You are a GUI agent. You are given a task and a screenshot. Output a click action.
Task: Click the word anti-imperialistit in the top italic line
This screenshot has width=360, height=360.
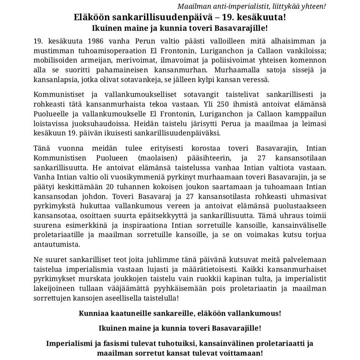233,7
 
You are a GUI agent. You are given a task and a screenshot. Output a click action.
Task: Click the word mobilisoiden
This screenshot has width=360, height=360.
53,60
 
